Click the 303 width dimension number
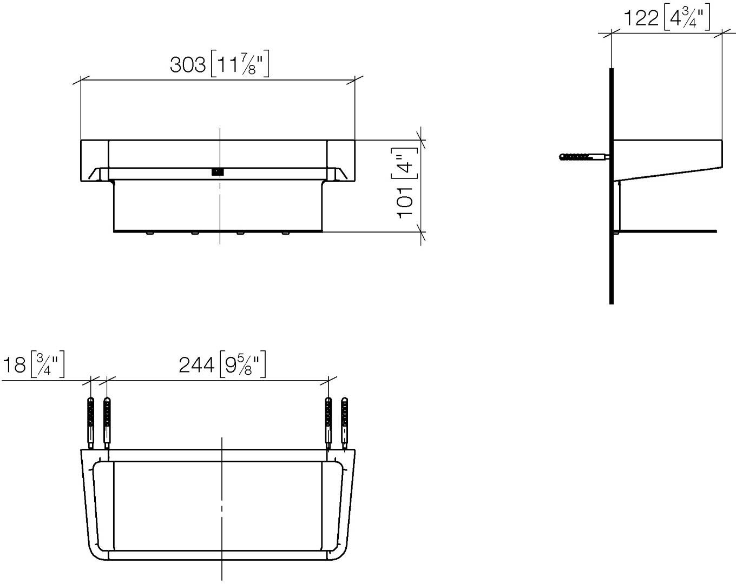(188, 64)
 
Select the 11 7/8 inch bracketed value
(240, 64)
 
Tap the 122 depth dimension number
(641, 18)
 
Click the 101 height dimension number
(405, 202)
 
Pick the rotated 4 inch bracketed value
(405, 163)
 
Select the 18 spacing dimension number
(15, 364)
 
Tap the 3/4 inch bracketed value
(48, 364)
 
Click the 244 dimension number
(196, 365)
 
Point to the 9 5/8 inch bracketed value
(242, 364)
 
